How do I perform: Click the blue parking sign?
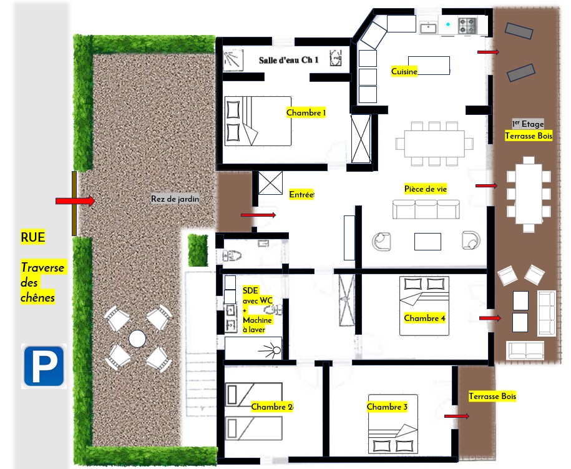(44, 366)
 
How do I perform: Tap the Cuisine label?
(404, 71)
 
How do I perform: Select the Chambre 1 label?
(306, 112)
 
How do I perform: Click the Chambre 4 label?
(424, 318)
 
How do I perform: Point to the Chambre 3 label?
(387, 407)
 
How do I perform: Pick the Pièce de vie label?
(426, 189)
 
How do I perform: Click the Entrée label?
(301, 195)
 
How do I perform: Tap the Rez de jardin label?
(175, 199)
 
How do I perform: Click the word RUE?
(33, 237)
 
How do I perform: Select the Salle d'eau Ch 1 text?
(289, 60)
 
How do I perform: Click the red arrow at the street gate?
(76, 201)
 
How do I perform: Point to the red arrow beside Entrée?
(258, 215)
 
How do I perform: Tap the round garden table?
(137, 338)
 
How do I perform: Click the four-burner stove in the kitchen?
(467, 26)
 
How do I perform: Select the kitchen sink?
(429, 27)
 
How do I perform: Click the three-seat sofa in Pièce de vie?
(426, 209)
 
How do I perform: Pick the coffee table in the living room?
(427, 242)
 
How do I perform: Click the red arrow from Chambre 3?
(457, 416)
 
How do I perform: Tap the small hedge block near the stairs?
(198, 250)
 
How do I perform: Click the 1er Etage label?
(528, 124)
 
